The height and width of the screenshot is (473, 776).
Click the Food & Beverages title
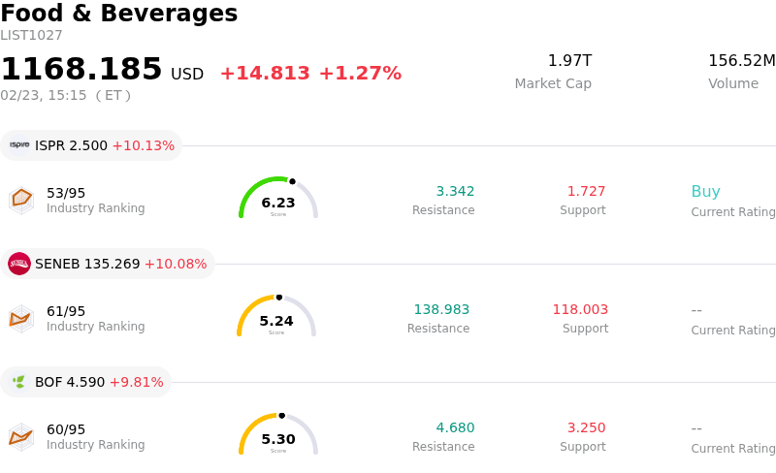pos(119,14)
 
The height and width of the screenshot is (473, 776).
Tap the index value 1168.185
pos(81,70)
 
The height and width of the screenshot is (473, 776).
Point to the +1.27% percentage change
pos(360,74)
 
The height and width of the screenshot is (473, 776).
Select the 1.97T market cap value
pos(569,61)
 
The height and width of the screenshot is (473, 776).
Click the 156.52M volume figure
pos(741,61)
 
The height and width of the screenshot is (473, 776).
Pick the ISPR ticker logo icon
pos(19,145)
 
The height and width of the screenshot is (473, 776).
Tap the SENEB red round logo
pos(19,264)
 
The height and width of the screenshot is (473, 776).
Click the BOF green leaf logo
pos(19,382)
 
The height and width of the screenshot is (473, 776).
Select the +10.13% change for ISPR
pos(144,145)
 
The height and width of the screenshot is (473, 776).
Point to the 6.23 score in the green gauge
pos(278,203)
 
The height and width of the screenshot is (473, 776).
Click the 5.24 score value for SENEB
pos(276,321)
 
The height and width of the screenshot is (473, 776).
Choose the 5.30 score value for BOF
pos(278,439)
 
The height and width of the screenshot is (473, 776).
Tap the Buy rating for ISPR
pos(705,192)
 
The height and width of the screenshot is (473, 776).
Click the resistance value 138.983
pos(441,310)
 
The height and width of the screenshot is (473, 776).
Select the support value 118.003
pos(580,310)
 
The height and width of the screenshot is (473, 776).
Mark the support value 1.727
pos(586,192)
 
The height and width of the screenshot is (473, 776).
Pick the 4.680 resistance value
pos(455,428)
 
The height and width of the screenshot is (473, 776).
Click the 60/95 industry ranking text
pos(66,429)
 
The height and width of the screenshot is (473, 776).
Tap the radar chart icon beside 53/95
pos(21,199)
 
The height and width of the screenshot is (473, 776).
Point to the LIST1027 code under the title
pos(31,36)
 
